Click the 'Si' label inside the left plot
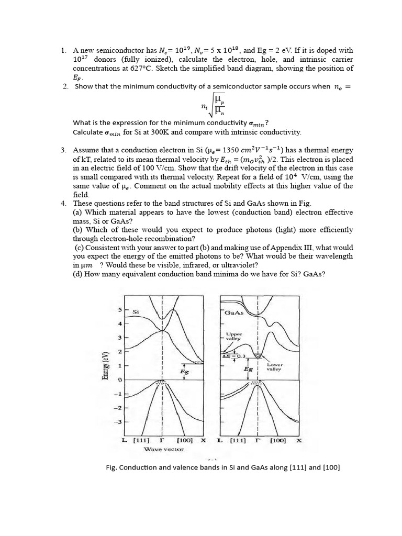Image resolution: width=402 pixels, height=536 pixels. [x=136, y=312]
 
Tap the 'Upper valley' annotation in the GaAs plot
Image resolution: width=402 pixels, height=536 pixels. [x=233, y=336]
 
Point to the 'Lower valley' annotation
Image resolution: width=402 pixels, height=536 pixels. [x=274, y=366]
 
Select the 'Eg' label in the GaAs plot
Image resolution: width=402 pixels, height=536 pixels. [x=248, y=369]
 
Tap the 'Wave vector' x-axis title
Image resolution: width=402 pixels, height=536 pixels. [x=164, y=449]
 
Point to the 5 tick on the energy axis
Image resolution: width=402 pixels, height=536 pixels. [x=119, y=310]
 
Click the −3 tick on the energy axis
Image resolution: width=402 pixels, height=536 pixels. [x=118, y=421]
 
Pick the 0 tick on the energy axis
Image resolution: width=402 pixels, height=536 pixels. [x=119, y=379]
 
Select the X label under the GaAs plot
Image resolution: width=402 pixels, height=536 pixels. [x=299, y=440]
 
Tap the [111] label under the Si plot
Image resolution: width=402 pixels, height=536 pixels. [x=141, y=440]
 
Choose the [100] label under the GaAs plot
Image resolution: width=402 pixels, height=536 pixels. [x=277, y=440]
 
